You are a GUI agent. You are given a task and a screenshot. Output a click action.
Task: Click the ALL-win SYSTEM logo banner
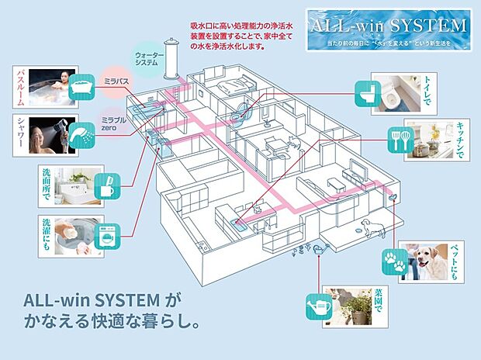(x=388, y=30)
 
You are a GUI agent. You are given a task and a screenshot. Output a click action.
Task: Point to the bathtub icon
(x=82, y=89)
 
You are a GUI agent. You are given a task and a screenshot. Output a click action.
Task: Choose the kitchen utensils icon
(x=398, y=142)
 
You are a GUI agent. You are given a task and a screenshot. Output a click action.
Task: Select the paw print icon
(x=394, y=261)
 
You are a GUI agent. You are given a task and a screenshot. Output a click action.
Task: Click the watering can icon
(x=319, y=306)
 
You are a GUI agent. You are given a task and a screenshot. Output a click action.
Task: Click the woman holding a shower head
(x=45, y=136)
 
